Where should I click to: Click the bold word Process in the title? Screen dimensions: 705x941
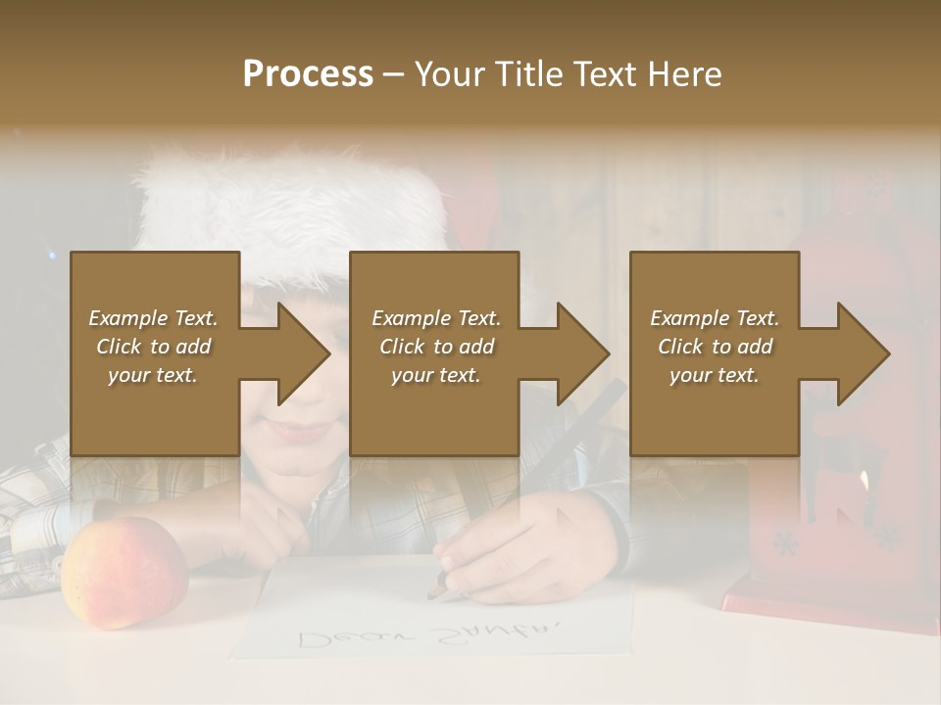pos(308,74)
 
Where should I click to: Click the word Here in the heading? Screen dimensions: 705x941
pos(685,74)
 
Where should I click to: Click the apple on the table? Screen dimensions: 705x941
pos(124,573)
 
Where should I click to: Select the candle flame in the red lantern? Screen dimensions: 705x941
pos(864,480)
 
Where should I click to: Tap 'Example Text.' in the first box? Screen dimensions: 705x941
pos(154,318)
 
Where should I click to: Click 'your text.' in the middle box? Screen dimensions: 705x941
pos(436,375)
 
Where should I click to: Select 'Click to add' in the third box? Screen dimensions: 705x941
pos(716,347)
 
